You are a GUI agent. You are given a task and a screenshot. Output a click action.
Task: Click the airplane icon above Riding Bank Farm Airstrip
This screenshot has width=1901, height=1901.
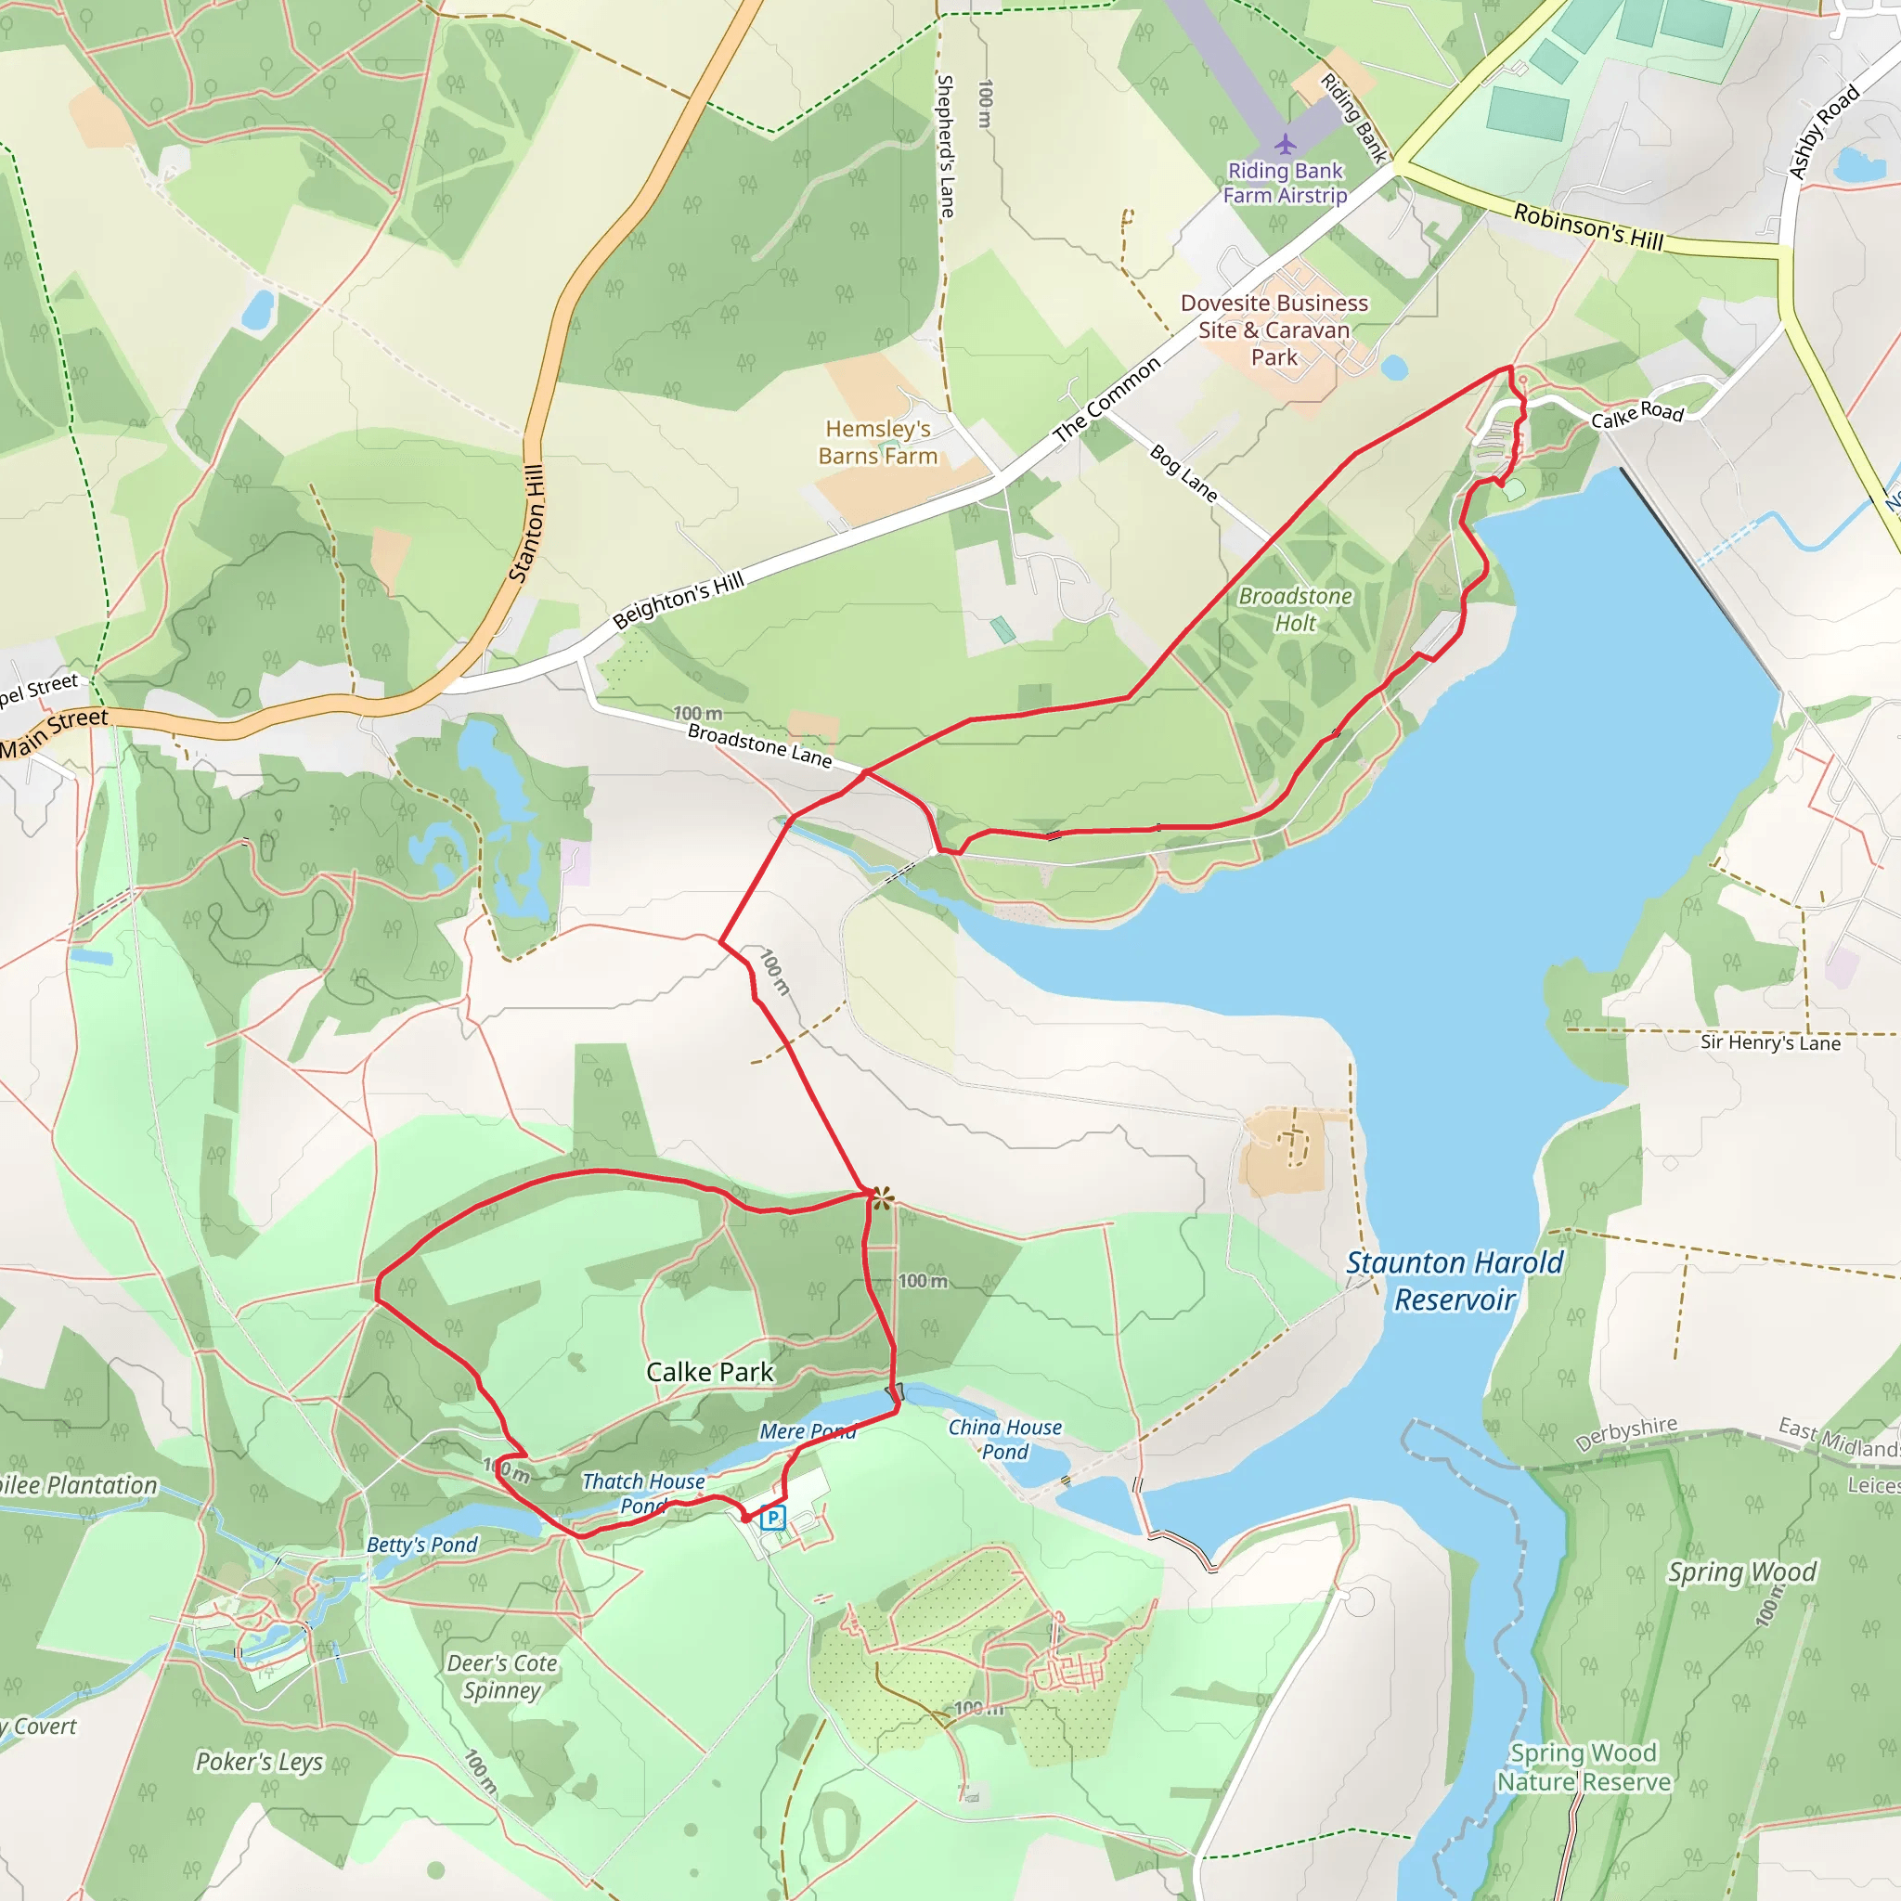point(1285,145)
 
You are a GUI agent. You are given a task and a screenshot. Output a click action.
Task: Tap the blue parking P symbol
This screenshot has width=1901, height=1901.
point(773,1517)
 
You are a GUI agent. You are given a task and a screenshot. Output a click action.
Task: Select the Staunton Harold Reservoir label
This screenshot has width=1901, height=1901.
point(1455,1281)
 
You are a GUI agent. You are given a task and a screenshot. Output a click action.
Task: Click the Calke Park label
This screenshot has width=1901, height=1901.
point(709,1372)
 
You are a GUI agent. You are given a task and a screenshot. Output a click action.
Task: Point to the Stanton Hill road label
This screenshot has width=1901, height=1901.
point(527,523)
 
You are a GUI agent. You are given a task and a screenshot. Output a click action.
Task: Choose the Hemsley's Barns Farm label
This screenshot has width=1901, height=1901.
point(878,442)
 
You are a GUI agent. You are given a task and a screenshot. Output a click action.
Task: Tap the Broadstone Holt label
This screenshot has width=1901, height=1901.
point(1295,609)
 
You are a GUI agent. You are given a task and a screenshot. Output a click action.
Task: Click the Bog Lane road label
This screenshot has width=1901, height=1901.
point(1183,473)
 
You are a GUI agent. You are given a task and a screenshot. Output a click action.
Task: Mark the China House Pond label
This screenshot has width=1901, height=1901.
point(1004,1439)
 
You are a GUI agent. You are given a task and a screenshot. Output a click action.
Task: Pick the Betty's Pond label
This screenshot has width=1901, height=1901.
point(421,1545)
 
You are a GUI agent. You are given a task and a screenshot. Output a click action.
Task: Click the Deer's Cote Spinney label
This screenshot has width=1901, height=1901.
point(502,1676)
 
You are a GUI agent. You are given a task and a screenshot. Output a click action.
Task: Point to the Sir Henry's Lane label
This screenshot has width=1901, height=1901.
point(1770,1043)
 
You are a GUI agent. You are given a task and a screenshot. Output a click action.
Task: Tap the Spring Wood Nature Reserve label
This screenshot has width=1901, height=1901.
point(1584,1768)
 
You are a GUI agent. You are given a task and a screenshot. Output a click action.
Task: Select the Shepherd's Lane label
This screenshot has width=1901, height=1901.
point(946,146)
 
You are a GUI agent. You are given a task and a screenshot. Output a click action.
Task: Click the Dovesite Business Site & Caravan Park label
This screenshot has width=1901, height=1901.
point(1274,330)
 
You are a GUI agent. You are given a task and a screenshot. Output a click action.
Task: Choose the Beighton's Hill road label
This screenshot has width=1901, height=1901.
point(678,601)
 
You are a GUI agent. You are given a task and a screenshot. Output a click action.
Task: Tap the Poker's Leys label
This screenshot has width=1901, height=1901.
point(259,1761)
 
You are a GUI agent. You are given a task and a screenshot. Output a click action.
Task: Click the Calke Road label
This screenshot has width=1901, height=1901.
point(1637,415)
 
